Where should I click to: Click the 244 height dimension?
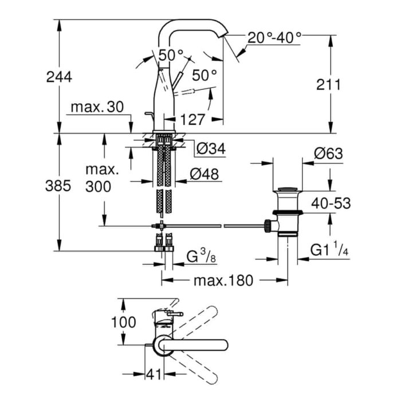pyautogui.click(x=60, y=76)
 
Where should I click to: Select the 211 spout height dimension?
pyautogui.click(x=328, y=85)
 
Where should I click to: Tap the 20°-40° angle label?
pyautogui.click(x=274, y=38)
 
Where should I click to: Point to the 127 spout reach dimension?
pyautogui.click(x=192, y=120)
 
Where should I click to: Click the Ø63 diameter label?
pyautogui.click(x=328, y=154)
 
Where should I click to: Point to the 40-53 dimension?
pyautogui.click(x=331, y=202)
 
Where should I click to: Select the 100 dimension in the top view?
pyautogui.click(x=124, y=322)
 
